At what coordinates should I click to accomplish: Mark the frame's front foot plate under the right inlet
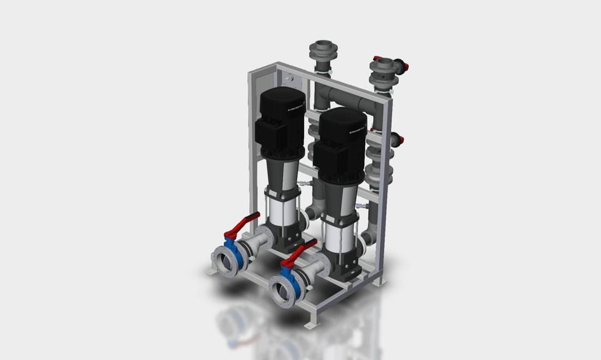[311, 325]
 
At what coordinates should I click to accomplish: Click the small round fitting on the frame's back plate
[290, 79]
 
